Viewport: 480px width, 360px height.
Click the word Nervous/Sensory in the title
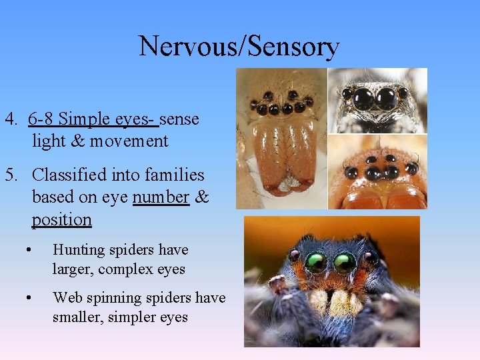pos(239,47)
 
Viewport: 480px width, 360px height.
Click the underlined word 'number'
pos(161,197)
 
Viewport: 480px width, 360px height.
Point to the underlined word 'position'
pos(61,219)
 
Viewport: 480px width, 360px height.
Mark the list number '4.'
pos(11,119)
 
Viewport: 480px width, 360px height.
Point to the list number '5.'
pos(11,175)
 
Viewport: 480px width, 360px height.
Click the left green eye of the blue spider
pos(316,262)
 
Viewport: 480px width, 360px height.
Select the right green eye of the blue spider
pos(345,263)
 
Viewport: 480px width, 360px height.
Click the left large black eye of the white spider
pos(363,99)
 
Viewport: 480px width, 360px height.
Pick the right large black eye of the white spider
pos(386,99)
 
